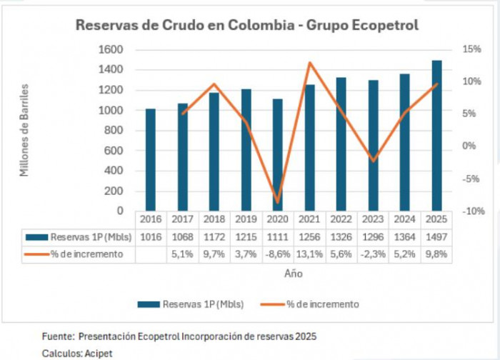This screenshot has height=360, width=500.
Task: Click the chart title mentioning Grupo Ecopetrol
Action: pos(247,25)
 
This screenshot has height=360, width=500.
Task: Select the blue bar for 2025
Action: pos(436,136)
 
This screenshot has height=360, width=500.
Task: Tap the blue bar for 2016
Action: pos(150,160)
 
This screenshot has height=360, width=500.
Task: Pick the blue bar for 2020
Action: pos(277,155)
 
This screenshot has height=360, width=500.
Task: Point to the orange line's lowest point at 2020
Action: pos(278,202)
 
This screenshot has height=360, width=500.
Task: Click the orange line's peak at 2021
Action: pos(309,63)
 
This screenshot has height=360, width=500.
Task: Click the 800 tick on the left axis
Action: pos(113,131)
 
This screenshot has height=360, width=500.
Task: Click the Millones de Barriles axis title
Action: pos(24,130)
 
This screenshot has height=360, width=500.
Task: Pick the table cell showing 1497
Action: pos(436,236)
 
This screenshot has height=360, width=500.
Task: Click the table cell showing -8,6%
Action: pos(277,254)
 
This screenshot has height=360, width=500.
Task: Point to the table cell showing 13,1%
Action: pos(309,254)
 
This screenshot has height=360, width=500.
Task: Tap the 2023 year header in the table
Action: pos(373,219)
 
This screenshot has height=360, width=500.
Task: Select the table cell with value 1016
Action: pos(150,236)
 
